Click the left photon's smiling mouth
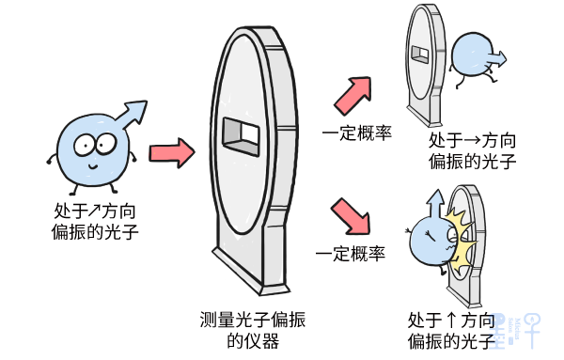[x=93, y=166]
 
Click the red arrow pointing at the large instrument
[x=172, y=153]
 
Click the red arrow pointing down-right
[x=352, y=216]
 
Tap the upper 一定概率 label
[x=356, y=133]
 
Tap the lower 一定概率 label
[x=351, y=254]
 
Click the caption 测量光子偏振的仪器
[x=253, y=330]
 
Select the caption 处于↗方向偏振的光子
[x=95, y=221]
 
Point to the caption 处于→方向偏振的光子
[x=472, y=151]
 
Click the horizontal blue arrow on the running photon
[x=496, y=59]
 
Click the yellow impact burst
[x=461, y=239]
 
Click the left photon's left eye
[x=85, y=146]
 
